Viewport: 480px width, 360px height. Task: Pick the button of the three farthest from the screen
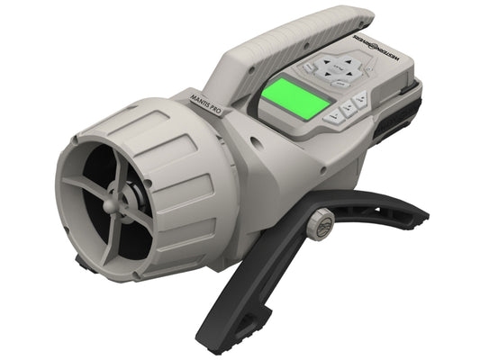coord(360,97)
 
